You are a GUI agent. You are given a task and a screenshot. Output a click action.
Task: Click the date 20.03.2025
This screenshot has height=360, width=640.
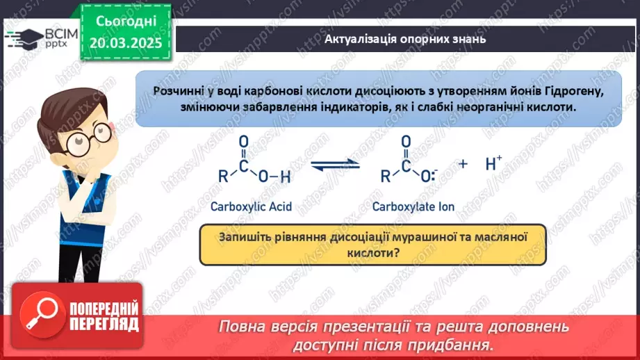click(125, 43)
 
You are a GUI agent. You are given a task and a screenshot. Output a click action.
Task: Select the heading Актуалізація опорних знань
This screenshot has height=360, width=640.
click(405, 39)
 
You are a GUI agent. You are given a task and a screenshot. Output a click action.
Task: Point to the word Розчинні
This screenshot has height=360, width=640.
click(182, 90)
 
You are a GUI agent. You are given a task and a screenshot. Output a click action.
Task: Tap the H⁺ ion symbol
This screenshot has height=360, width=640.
click(493, 163)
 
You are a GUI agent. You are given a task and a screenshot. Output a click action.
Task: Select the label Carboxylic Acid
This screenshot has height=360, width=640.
click(252, 206)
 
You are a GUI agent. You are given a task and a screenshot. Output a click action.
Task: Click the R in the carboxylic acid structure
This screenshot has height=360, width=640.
click(223, 177)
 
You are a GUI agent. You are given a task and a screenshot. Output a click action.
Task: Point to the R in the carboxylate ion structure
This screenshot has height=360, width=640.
click(385, 177)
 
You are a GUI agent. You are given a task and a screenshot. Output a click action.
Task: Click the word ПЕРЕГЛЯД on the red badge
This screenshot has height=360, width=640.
click(104, 323)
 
